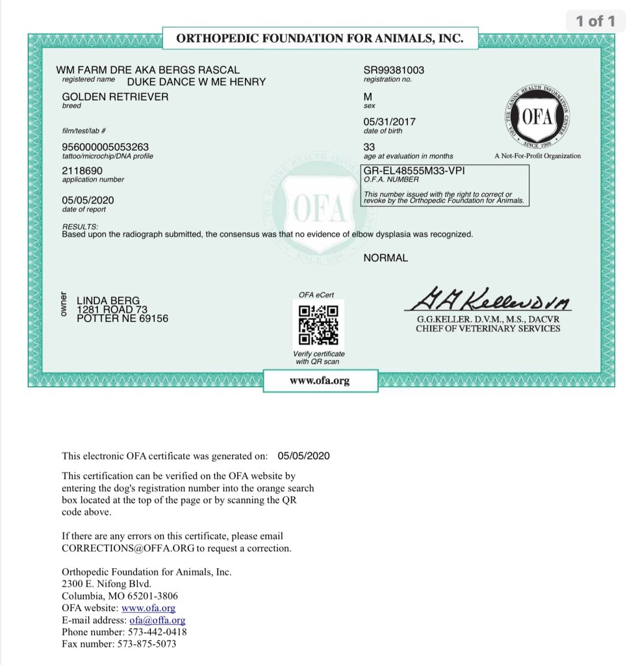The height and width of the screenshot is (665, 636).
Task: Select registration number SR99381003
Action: click(394, 70)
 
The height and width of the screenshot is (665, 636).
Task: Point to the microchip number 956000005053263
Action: click(105, 147)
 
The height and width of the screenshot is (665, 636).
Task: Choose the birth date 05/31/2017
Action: click(390, 122)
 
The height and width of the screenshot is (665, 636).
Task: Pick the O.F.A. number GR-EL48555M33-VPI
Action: click(414, 170)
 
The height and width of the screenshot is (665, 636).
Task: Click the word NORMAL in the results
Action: click(386, 258)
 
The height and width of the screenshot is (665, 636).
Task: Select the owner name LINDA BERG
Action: click(108, 300)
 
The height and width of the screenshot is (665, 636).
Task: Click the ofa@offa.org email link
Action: click(157, 620)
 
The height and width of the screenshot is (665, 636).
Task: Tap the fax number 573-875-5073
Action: click(146, 644)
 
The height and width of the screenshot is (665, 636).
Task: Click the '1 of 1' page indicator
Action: click(595, 21)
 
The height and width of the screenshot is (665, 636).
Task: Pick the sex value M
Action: click(368, 97)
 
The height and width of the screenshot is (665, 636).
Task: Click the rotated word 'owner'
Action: click(64, 304)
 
